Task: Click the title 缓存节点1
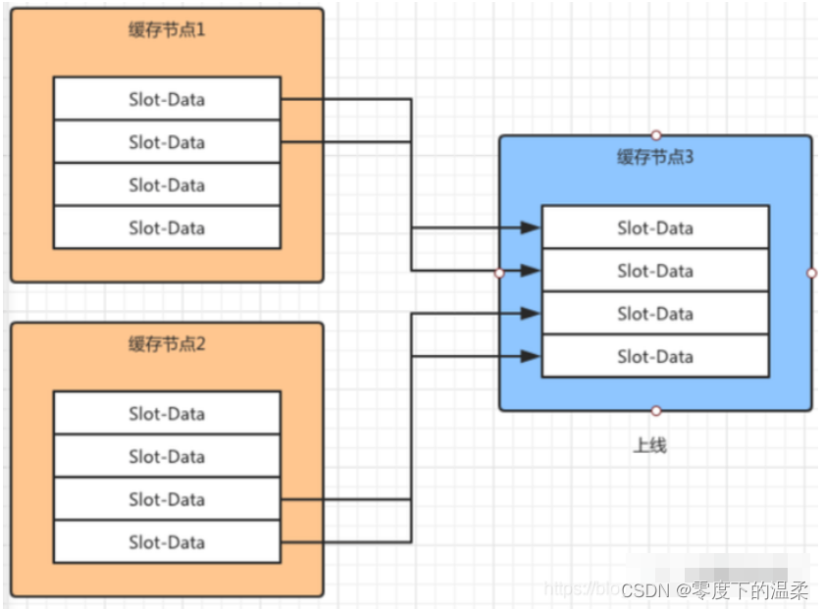(167, 29)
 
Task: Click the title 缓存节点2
(167, 344)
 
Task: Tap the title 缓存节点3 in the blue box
(655, 157)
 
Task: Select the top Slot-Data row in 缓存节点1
(167, 99)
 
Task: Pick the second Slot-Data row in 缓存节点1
(167, 142)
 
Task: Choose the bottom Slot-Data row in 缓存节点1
(167, 228)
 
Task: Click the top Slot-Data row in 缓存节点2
(167, 413)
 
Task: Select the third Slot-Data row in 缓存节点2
(167, 499)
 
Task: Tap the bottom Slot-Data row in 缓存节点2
(167, 542)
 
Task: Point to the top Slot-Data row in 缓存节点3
(655, 228)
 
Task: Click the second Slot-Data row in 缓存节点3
(655, 271)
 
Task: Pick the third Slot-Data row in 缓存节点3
(655, 314)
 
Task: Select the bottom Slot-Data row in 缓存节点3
(655, 356)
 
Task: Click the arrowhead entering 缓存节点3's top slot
(531, 228)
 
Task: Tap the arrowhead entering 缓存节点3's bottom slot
(531, 356)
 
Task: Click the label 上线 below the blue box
(649, 445)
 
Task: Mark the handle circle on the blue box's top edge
(656, 135)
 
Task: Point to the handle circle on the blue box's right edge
(811, 273)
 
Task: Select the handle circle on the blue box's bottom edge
(656, 411)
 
